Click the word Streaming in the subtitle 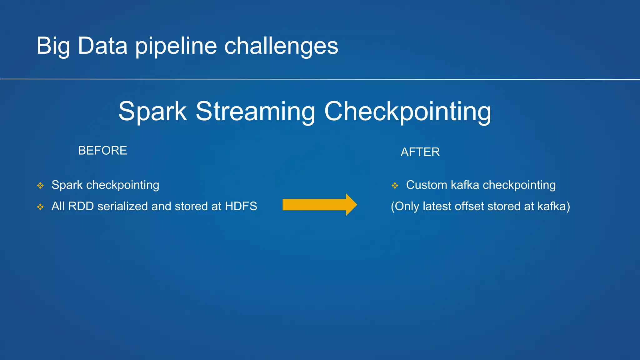255,112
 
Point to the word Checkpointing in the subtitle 407,112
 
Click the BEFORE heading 102,151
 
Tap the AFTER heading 420,152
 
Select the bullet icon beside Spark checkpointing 40,186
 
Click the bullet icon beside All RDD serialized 40,207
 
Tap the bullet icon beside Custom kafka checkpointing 395,186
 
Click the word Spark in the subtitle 152,112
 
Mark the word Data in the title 102,46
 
